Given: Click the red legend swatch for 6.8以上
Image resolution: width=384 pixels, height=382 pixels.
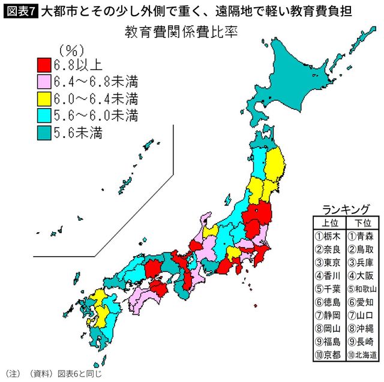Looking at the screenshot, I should click(x=44, y=64).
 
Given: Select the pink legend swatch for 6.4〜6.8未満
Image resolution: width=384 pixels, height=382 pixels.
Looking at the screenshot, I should click(x=44, y=81).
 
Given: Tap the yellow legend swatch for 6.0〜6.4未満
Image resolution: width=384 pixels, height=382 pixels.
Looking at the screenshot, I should click(x=44, y=98).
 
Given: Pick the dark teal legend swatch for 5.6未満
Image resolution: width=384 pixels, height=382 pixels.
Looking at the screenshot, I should click(x=44, y=132).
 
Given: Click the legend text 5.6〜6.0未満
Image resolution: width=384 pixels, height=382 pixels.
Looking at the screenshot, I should click(x=96, y=115).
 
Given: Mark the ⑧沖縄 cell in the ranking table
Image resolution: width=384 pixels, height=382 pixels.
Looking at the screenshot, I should click(x=363, y=329).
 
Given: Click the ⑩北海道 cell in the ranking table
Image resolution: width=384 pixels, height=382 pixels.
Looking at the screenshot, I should click(x=363, y=355).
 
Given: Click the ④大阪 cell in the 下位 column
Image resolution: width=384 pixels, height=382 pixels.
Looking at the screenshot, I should click(x=363, y=275).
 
